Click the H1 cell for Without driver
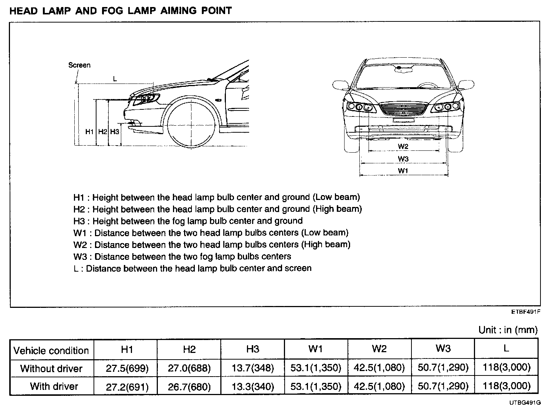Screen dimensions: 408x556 pos(127,368)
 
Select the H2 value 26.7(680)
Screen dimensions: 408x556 pos(189,387)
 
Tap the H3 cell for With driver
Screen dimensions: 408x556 pos(253,387)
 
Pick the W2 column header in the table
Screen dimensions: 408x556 pos(379,349)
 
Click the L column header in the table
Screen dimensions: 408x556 pos(506,348)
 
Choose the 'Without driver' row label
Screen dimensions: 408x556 pos(51,368)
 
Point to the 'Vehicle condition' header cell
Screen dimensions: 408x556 pos(51,350)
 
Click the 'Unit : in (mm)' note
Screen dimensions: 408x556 pos(508,330)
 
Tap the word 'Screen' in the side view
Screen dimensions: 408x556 pos(79,65)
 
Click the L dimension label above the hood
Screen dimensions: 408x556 pos(115,78)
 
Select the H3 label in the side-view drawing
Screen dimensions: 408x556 pos(115,132)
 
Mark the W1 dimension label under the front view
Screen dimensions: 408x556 pos(403,171)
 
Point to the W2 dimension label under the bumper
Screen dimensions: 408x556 pos(403,146)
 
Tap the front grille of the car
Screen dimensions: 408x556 pos(403,110)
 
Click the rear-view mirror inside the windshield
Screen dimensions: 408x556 pos(400,68)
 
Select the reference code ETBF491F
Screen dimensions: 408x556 pos(526,312)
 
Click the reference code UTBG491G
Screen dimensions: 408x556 pos(525,402)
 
